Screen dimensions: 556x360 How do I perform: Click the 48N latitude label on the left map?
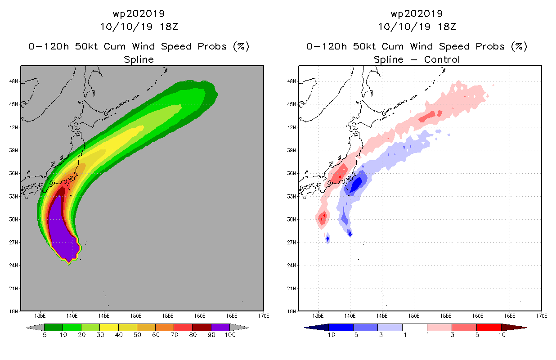pyautogui.click(x=13, y=81)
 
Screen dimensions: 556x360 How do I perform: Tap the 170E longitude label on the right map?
pyautogui.click(x=541, y=316)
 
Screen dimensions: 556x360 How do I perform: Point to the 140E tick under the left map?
pyautogui.click(x=72, y=316)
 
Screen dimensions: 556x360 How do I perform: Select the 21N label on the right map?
pyautogui.click(x=291, y=288)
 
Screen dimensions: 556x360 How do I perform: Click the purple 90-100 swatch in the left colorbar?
pyautogui.click(x=220, y=327)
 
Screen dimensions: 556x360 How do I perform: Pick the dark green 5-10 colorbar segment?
pyautogui.click(x=54, y=327)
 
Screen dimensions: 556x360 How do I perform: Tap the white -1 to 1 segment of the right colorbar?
pyautogui.click(x=414, y=327)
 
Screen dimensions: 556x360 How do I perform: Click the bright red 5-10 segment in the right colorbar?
pyautogui.click(x=489, y=327)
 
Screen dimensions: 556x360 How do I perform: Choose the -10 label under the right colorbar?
pyautogui.click(x=329, y=335)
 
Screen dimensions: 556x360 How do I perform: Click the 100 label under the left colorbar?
pyautogui.click(x=230, y=335)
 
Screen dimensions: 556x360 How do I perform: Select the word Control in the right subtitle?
pyautogui.click(x=442, y=59)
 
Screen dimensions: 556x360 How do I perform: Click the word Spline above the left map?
pyautogui.click(x=139, y=59)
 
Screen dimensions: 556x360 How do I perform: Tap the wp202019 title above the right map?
pyautogui.click(x=417, y=13)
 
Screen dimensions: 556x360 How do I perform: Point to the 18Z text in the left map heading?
pyautogui.click(x=169, y=27)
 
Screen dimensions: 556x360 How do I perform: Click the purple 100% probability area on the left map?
pyautogui.click(x=61, y=231)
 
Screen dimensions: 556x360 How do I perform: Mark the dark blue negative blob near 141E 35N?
pyautogui.click(x=357, y=184)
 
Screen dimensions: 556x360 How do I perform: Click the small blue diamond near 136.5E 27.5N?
pyautogui.click(x=327, y=238)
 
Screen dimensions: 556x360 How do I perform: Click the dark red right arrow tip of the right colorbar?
pyautogui.click(x=526, y=328)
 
